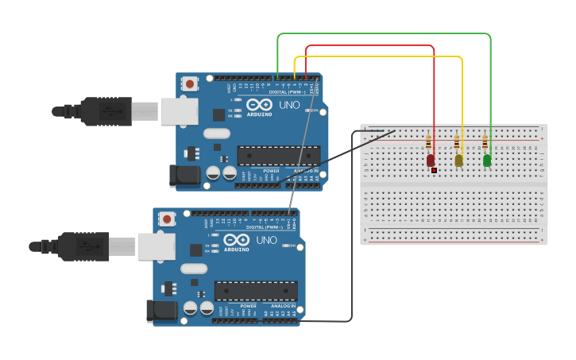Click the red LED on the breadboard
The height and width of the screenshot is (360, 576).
click(431, 160)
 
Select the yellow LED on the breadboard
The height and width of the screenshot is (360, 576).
click(458, 160)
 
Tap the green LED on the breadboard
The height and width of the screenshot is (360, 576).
click(487, 160)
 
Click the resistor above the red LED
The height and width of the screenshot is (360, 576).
click(429, 142)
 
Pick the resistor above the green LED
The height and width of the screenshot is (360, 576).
click(485, 142)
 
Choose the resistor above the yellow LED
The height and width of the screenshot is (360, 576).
click(457, 142)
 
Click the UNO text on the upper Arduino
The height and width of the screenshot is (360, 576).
click(289, 105)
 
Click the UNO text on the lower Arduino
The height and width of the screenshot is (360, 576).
click(266, 240)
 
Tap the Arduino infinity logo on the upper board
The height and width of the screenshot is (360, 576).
click(259, 104)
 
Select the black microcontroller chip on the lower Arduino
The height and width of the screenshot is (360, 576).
click(256, 291)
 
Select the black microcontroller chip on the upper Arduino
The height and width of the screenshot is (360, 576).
click(279, 156)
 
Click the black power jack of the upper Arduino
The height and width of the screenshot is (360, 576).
click(184, 176)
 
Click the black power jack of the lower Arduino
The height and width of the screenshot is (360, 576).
click(161, 312)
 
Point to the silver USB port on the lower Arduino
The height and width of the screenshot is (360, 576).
click(157, 246)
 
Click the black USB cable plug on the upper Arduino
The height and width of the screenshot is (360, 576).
click(106, 112)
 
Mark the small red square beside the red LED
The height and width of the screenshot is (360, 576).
click(435, 170)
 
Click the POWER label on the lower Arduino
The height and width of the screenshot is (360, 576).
click(249, 306)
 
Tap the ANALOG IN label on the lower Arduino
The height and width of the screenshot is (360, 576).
click(284, 306)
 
